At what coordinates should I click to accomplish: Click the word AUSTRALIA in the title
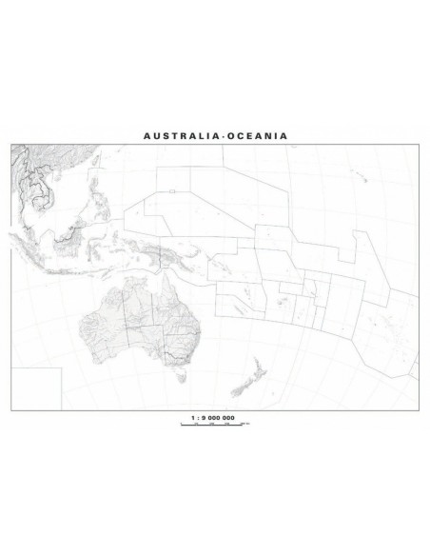coord(179,135)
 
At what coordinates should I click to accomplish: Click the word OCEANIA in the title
coord(255,135)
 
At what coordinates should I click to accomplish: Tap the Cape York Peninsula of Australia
coord(172,284)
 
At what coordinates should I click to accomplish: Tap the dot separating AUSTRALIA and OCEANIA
coord(219,135)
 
